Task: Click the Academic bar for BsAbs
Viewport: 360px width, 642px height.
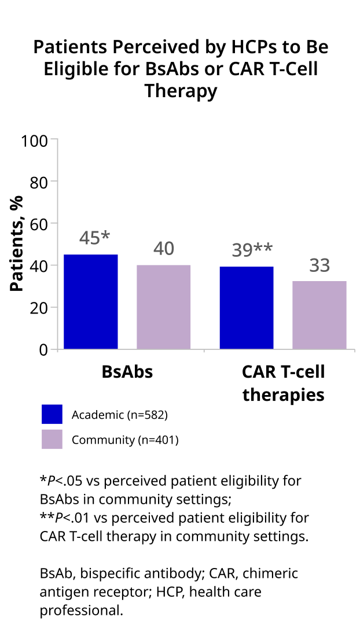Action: point(90,302)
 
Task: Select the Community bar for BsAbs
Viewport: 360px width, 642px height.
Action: point(163,307)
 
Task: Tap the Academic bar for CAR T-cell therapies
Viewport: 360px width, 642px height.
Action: point(247,308)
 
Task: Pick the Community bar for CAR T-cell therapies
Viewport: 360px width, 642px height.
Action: point(319,315)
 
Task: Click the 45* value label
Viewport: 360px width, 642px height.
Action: point(94,238)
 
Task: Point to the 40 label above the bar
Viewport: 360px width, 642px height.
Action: point(163,249)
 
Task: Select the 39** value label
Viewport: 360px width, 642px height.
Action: point(252,250)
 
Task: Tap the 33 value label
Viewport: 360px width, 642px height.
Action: point(319,265)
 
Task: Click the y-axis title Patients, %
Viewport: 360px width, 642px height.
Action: point(16,243)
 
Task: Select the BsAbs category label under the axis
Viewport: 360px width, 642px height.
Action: point(127,372)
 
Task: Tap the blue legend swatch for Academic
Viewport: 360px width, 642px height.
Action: point(52,414)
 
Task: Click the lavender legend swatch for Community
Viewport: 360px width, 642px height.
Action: point(52,439)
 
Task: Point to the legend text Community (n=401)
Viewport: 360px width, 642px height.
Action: point(126,440)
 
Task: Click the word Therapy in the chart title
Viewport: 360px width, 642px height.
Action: point(181,90)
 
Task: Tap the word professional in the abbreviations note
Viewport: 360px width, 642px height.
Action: point(82,611)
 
